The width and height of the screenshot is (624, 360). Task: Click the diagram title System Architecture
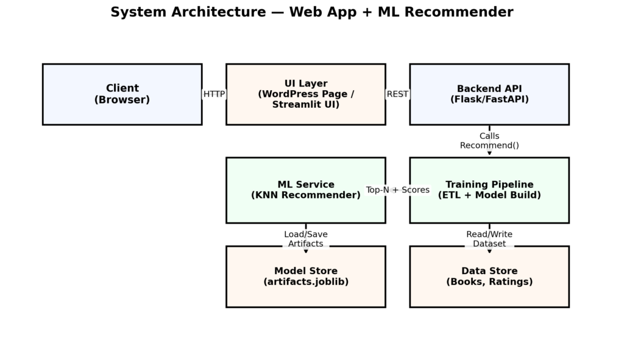[311, 12]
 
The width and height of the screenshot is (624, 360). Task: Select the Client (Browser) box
[122, 94]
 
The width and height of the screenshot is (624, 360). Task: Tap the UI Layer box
[305, 94]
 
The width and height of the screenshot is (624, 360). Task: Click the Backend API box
[489, 94]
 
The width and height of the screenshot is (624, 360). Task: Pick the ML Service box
[305, 190]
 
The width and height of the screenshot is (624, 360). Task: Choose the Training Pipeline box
[489, 190]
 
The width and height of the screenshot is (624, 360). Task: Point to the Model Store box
[305, 277]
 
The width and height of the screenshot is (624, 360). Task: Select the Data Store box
[489, 277]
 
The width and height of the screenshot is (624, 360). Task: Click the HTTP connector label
[214, 94]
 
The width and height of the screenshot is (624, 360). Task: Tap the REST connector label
[397, 94]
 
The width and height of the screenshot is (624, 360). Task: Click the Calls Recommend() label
[489, 141]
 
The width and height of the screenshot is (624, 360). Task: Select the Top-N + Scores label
[397, 190]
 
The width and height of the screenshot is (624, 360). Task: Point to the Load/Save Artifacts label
[305, 239]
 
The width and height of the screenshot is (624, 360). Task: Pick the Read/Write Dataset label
[489, 239]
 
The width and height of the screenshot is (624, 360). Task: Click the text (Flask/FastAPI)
[489, 99]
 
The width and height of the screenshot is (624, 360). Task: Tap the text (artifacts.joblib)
[305, 282]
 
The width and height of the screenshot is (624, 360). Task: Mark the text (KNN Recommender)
[305, 196]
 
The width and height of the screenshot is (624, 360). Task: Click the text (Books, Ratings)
[489, 282]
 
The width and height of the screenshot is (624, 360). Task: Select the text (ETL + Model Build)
[489, 196]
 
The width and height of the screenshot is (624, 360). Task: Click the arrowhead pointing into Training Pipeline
[489, 154]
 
